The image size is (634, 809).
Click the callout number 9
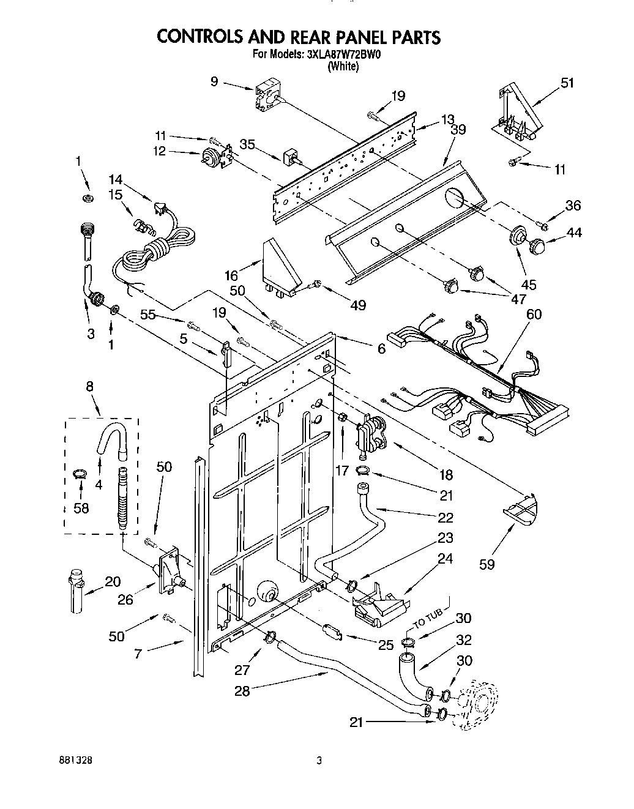click(x=214, y=80)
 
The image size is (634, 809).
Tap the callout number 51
click(x=567, y=82)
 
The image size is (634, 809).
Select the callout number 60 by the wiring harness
click(x=534, y=314)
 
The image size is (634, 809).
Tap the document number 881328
click(x=76, y=761)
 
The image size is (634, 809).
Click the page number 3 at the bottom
click(x=319, y=761)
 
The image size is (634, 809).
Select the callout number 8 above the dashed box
click(x=90, y=386)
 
